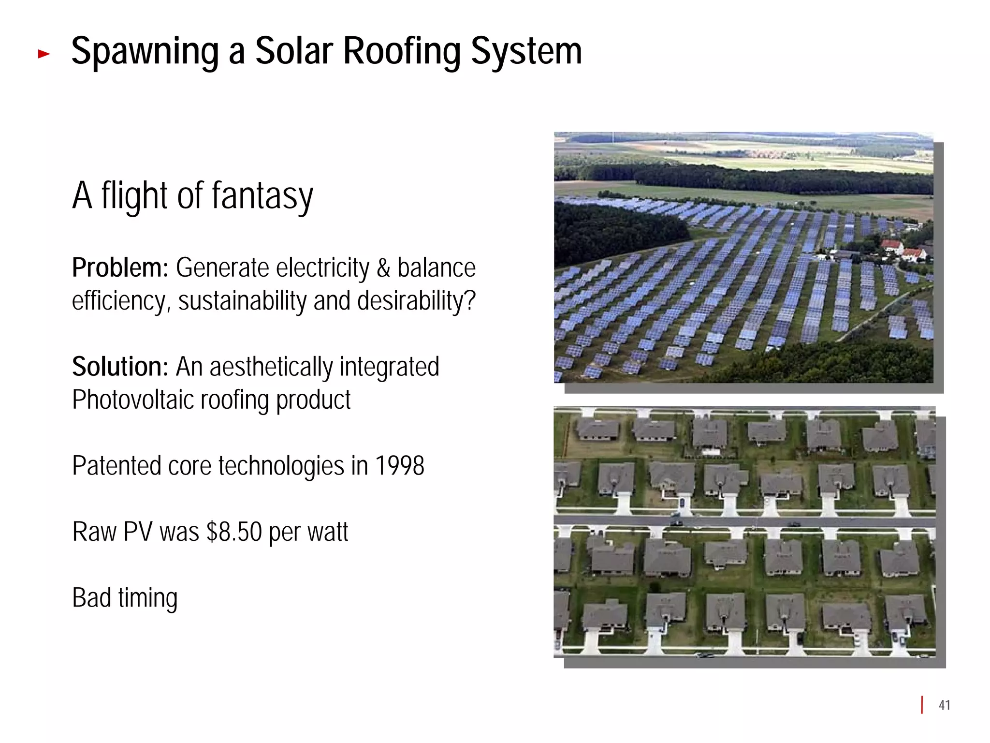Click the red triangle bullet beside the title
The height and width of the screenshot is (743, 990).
tap(44, 54)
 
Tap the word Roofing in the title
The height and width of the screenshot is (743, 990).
tap(402, 52)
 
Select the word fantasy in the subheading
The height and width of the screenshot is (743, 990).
tap(262, 196)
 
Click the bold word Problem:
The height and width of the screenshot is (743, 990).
tap(120, 267)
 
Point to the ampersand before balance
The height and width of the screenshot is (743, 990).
tap(383, 268)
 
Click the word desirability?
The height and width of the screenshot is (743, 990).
tap(416, 301)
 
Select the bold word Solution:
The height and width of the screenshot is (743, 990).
tap(120, 367)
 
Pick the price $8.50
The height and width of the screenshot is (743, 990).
tap(233, 532)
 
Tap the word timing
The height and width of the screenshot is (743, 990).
tap(148, 598)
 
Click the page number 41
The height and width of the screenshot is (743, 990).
tap(944, 705)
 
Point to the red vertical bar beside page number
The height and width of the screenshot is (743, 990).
tap(922, 705)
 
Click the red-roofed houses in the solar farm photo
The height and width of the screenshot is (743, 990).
tap(902, 250)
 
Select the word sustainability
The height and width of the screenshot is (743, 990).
tap(242, 301)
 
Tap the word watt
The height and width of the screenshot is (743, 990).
tap(328, 532)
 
